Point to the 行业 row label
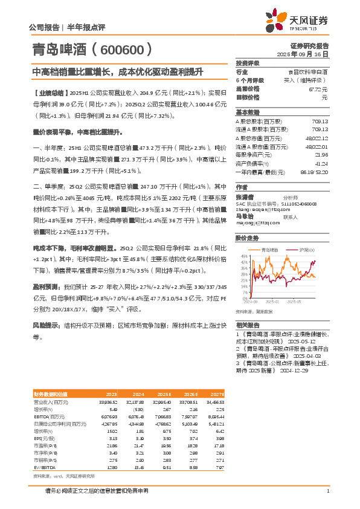click(242, 72)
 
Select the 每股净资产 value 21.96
click(321, 155)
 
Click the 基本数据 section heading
click(247, 112)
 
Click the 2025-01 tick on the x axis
click(272, 301)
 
